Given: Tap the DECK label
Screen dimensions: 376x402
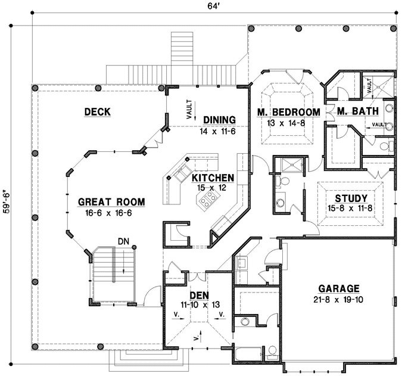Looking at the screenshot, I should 98,111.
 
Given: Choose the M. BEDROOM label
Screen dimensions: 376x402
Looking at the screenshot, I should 288,113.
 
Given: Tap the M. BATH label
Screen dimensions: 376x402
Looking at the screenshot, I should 355,112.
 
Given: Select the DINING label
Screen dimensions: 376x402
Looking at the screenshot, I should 219,119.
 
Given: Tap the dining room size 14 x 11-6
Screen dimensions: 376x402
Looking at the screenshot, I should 217,130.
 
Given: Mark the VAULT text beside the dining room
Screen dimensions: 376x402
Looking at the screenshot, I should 189,109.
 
